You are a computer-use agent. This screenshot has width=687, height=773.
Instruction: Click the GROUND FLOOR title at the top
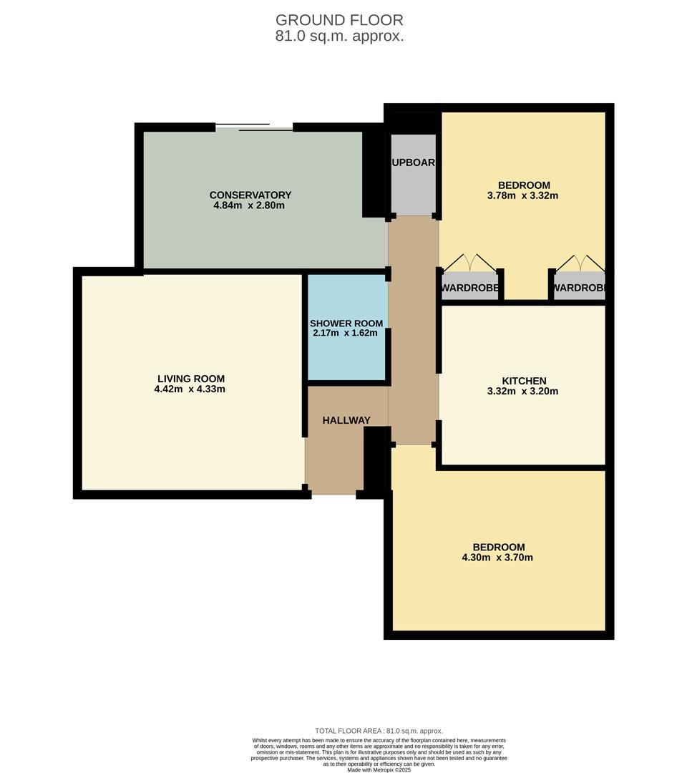coord(339,20)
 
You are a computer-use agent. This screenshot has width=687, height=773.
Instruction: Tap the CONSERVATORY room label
coord(250,195)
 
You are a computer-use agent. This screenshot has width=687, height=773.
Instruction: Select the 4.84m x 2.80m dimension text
coord(250,206)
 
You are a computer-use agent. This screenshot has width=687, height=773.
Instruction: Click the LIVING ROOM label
coord(190,379)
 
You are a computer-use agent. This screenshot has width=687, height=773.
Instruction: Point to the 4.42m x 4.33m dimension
coord(190,389)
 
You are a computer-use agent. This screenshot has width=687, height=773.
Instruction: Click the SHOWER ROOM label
coord(346,324)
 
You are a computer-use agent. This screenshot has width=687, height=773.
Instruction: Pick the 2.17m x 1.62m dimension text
coord(346,333)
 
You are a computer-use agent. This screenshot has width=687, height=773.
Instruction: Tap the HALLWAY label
coord(346,420)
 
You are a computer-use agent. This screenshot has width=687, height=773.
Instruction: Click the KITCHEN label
coord(524,381)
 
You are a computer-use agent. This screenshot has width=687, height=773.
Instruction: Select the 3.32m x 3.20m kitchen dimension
coord(524,392)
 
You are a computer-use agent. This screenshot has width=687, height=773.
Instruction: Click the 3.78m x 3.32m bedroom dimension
coord(524,195)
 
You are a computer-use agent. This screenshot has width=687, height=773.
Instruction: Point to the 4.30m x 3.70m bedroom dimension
coord(497,558)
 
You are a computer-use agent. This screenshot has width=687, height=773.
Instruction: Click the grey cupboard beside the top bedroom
coord(413,175)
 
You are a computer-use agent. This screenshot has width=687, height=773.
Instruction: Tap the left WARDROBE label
coord(469,288)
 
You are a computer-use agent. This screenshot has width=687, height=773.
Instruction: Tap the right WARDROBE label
coord(579,288)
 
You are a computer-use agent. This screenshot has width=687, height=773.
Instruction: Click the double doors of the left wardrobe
coord(469,263)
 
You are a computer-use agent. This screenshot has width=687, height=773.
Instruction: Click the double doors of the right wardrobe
coord(579,263)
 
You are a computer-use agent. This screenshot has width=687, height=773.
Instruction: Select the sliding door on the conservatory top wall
coord(254,128)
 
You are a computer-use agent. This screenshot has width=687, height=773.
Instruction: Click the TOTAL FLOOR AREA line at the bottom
coord(379,731)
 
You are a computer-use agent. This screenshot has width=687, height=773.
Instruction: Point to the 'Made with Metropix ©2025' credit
coord(379,769)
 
